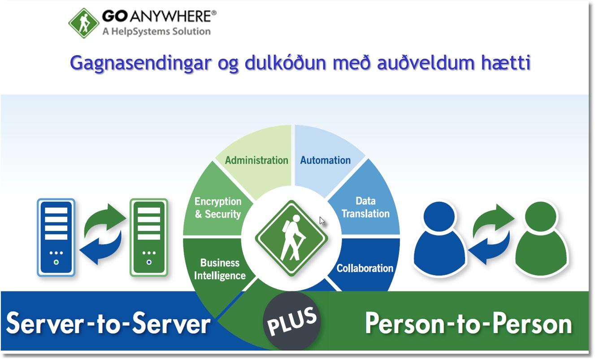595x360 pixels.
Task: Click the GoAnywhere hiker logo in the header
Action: tap(84, 23)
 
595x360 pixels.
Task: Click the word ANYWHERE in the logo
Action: tap(173, 17)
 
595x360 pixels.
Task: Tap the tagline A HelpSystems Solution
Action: tap(157, 31)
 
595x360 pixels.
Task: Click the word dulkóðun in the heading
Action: tap(285, 63)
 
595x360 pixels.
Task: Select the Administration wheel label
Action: tap(256, 160)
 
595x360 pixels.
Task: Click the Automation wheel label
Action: tap(326, 160)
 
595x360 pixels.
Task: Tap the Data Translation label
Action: tap(365, 207)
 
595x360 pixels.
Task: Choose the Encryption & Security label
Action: tap(218, 208)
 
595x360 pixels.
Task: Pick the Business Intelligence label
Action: tap(220, 269)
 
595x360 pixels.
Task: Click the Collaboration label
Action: tap(365, 269)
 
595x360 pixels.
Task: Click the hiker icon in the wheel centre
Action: tap(291, 238)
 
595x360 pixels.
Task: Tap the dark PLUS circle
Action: tap(291, 321)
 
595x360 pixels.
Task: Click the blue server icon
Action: tap(56, 237)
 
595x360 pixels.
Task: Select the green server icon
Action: tap(149, 237)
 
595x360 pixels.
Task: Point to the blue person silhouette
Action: tap(439, 239)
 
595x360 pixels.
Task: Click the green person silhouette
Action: tap(541, 239)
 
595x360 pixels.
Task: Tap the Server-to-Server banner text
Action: tap(108, 323)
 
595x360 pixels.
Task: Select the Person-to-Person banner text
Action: tap(469, 323)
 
